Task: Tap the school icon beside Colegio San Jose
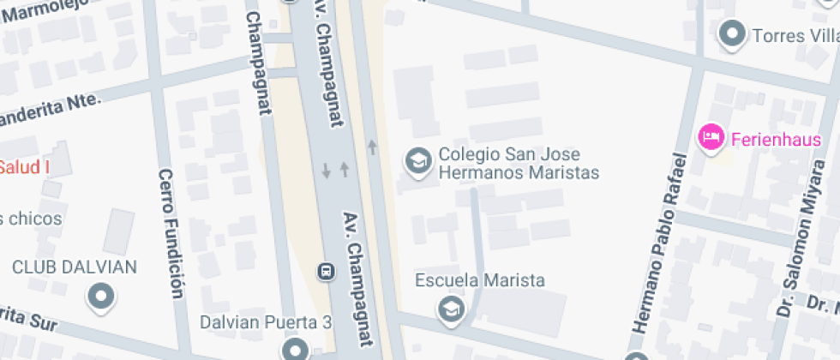(x=417, y=160)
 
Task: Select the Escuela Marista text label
(x=479, y=281)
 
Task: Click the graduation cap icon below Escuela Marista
(x=449, y=309)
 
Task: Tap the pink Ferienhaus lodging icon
(x=710, y=137)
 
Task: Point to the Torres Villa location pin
(x=731, y=34)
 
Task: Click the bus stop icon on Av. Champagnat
(x=326, y=272)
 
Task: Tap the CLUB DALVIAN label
(x=75, y=267)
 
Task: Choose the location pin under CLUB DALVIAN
(x=102, y=296)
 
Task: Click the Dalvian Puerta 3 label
(x=266, y=323)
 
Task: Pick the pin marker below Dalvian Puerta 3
(x=295, y=349)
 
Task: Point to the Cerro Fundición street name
(x=170, y=233)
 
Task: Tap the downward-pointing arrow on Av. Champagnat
(x=326, y=170)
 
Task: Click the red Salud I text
(x=24, y=166)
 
